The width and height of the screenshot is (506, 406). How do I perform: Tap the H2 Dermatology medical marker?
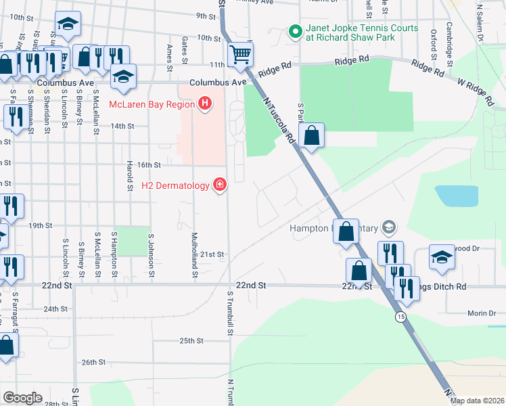click(x=218, y=185)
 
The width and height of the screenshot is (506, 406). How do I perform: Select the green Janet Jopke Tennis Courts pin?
click(x=295, y=31)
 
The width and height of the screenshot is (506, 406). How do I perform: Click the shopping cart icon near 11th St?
click(x=240, y=53)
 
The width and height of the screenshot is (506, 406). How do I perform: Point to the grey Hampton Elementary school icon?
click(x=388, y=227)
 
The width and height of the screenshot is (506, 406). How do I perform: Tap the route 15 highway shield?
click(x=401, y=316)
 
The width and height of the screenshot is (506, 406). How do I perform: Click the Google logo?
click(x=22, y=397)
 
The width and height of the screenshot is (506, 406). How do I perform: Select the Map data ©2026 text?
click(x=477, y=401)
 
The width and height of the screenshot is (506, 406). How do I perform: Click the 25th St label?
click(x=191, y=340)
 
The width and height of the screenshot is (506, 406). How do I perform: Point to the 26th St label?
click(x=93, y=362)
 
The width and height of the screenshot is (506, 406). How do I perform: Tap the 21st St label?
click(x=211, y=254)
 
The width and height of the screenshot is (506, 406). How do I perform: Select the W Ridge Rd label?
click(x=475, y=91)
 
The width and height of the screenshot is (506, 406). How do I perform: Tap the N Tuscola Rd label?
click(x=278, y=118)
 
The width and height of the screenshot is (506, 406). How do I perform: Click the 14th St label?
click(x=122, y=126)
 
